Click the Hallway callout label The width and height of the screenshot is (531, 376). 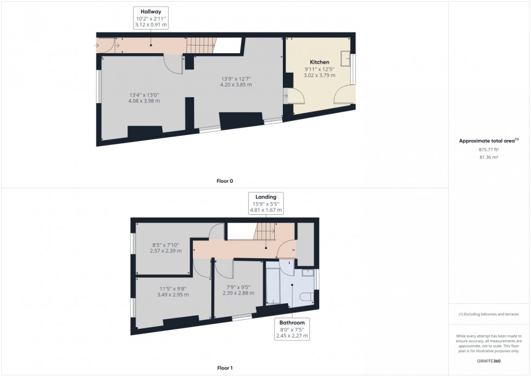[151, 11]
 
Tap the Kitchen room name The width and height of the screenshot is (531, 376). [320, 62]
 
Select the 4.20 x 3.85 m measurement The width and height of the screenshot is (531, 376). [236, 85]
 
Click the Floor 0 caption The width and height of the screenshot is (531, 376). [224, 181]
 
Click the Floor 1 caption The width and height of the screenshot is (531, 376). [224, 368]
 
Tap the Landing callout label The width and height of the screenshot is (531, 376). [266, 197]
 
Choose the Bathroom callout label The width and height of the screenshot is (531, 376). [292, 322]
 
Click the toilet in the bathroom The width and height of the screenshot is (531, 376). [305, 297]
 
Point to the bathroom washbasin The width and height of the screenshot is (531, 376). [307, 272]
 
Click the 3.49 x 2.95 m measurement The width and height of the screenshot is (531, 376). [173, 295]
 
